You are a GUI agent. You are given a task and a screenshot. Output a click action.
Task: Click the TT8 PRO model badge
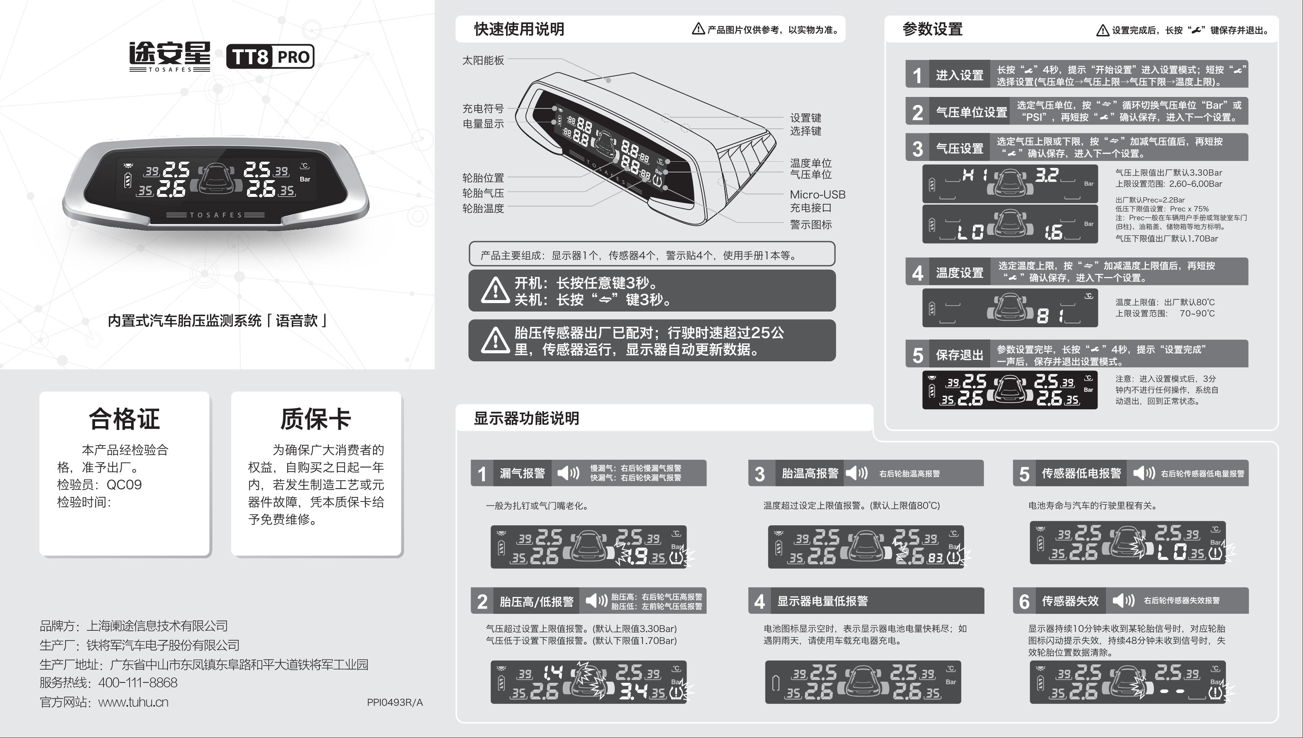pyautogui.click(x=270, y=56)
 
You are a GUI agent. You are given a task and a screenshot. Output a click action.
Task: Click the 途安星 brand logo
pyautogui.click(x=169, y=56)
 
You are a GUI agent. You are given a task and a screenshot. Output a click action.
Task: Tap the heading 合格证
pyautogui.click(x=124, y=419)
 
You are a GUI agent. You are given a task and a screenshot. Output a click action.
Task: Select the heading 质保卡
pyautogui.click(x=316, y=419)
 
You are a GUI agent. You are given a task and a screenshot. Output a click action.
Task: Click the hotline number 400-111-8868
pyautogui.click(x=138, y=683)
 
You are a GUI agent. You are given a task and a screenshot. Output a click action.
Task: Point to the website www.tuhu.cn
pyautogui.click(x=133, y=702)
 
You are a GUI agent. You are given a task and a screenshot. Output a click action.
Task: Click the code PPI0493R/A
pyautogui.click(x=395, y=702)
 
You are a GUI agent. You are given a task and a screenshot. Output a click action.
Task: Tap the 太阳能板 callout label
pyautogui.click(x=483, y=60)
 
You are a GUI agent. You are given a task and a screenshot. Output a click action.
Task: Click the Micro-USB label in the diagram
pyautogui.click(x=818, y=195)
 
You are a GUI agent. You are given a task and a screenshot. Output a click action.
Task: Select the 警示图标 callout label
pyautogui.click(x=811, y=225)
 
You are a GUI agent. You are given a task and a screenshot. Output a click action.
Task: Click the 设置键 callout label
pyautogui.click(x=806, y=118)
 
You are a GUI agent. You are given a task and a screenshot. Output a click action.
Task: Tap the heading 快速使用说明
pyautogui.click(x=519, y=29)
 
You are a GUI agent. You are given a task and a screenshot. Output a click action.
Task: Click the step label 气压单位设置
pyautogui.click(x=971, y=112)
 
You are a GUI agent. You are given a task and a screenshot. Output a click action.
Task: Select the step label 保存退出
pyautogui.click(x=959, y=355)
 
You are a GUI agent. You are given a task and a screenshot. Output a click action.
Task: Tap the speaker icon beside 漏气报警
pyautogui.click(x=568, y=473)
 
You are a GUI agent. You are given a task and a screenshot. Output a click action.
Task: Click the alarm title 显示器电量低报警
pyautogui.click(x=822, y=601)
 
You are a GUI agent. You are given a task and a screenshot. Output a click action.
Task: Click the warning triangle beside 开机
pyautogui.click(x=495, y=290)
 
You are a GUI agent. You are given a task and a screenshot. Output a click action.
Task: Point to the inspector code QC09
pyautogui.click(x=124, y=485)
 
